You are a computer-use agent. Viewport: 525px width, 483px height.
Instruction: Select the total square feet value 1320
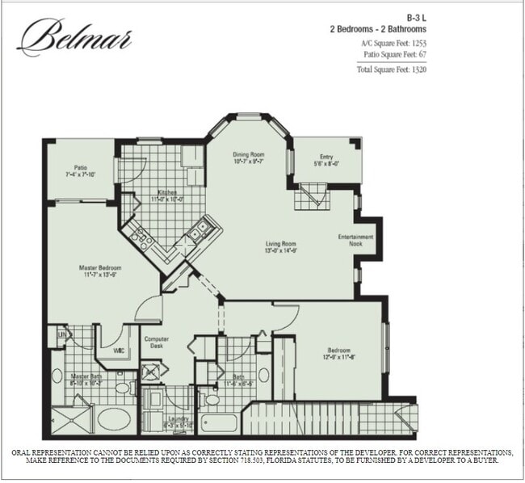(x=418, y=69)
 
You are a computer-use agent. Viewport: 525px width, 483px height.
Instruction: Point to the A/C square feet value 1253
(x=417, y=41)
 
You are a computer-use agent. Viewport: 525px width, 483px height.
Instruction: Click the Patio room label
(x=81, y=167)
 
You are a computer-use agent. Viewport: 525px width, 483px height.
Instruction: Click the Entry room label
(x=326, y=157)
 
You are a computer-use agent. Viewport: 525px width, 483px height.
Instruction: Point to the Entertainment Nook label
(x=356, y=241)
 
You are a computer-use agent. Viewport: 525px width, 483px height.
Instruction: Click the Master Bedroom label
(x=99, y=267)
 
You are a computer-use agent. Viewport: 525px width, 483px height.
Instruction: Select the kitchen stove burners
(x=141, y=236)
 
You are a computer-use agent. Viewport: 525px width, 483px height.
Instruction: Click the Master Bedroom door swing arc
(x=148, y=307)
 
